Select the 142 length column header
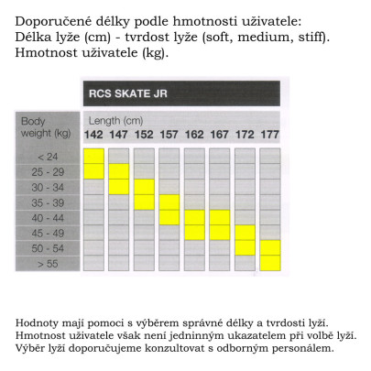pos(93,135)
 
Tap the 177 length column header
pos(269,135)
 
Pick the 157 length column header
pos(169,135)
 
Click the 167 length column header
pos(219,135)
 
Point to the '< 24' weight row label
pos(34,156)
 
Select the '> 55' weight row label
pos(34,263)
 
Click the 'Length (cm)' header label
pos(115,121)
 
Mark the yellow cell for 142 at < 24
pos(93,156)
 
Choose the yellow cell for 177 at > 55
pos(269,263)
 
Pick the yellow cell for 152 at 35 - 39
pos(144,202)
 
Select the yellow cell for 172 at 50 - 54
pos(245,247)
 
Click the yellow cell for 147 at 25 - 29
pos(119,171)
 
